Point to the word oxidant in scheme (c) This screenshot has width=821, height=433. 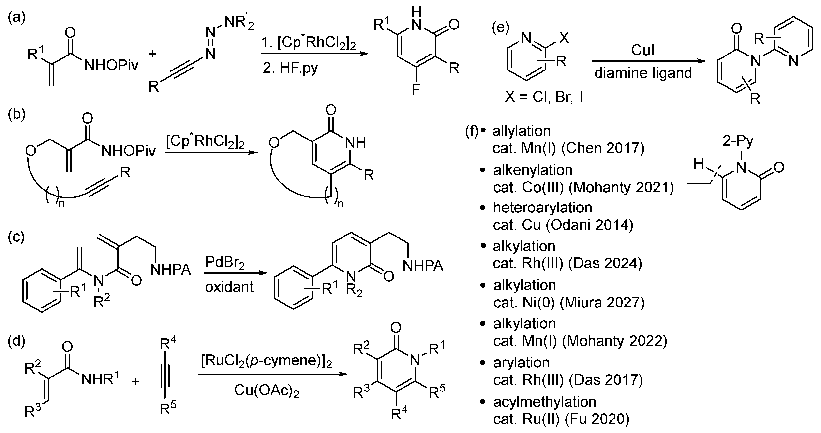[229, 287]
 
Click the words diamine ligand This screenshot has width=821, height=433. [643, 73]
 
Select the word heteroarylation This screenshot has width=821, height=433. [542, 208]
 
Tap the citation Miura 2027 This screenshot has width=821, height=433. [602, 302]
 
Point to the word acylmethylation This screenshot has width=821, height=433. [545, 402]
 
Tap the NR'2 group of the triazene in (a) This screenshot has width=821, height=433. [239, 23]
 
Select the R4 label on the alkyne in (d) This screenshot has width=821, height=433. [168, 344]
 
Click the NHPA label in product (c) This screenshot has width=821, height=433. [423, 265]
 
